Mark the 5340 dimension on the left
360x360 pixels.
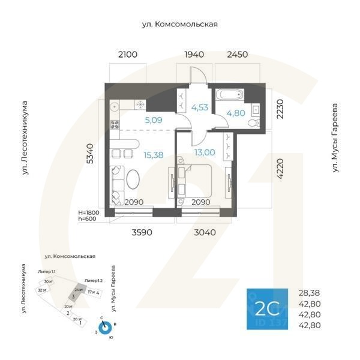pyautogui.click(x=91, y=154)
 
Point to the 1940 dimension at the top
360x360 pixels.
pyautogui.click(x=194, y=55)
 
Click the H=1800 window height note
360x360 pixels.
pyautogui.click(x=91, y=213)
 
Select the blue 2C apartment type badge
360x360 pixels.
pyautogui.click(x=267, y=308)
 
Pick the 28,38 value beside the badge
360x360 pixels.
pyautogui.click(x=310, y=293)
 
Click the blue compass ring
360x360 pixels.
pyautogui.click(x=105, y=328)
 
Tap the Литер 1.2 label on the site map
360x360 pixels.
pyautogui.click(x=94, y=281)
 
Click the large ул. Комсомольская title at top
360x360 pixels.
pyautogui.click(x=179, y=25)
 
